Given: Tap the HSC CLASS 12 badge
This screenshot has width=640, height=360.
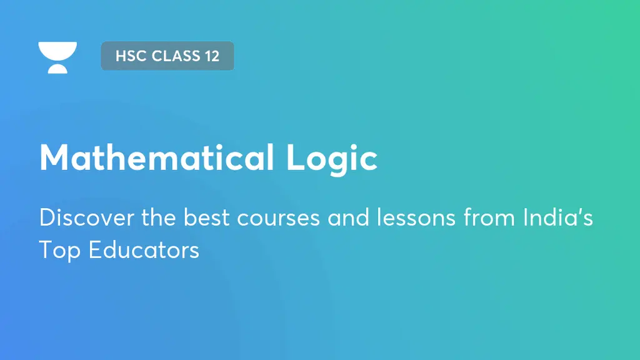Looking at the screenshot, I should click(167, 56).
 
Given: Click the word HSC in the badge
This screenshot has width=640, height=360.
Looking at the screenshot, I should click(127, 56).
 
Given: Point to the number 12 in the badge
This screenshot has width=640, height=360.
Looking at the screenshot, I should click(211, 56).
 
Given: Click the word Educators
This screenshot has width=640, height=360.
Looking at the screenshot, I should click(144, 249).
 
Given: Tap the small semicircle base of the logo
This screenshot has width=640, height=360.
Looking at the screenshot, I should click(57, 69).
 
